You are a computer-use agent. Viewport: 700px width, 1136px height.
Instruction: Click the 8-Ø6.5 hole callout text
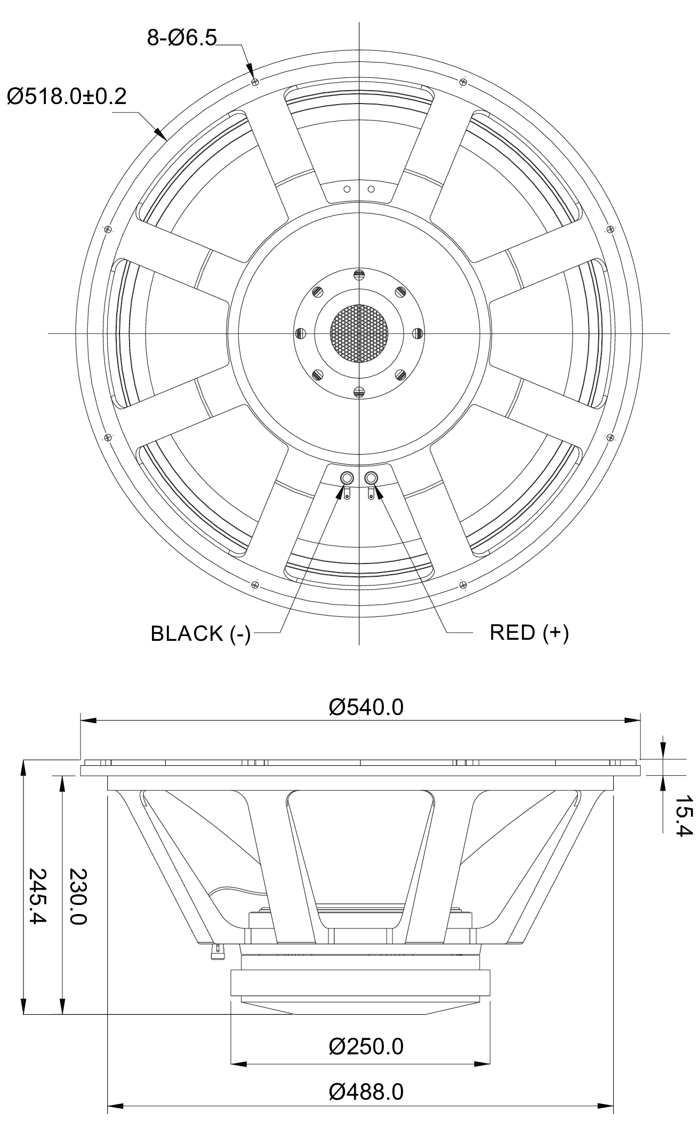coord(182,38)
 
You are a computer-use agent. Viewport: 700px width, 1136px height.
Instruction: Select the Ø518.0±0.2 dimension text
coord(67,97)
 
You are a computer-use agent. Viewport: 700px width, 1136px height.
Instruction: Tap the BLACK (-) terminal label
coord(200,633)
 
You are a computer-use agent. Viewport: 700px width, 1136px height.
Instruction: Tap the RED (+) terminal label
coord(529,632)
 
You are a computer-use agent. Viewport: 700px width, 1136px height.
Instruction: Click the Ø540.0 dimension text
coord(366,708)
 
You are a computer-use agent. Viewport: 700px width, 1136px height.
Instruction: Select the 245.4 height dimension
coord(37,896)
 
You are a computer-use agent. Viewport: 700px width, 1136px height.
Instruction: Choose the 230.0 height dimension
coord(77,896)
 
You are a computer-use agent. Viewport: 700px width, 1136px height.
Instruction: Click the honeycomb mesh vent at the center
coord(360,333)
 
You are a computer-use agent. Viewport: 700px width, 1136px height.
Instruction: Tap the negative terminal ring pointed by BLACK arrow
coord(347,478)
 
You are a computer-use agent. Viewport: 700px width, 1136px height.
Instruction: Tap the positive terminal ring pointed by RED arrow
coord(372,478)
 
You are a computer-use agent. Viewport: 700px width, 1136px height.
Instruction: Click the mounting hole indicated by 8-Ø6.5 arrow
coord(255,82)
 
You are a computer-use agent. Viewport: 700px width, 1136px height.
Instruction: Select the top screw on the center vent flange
coord(360,275)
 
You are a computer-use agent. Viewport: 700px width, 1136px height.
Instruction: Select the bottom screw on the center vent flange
coord(360,392)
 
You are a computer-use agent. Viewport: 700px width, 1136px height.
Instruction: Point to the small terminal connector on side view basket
coord(218,950)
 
